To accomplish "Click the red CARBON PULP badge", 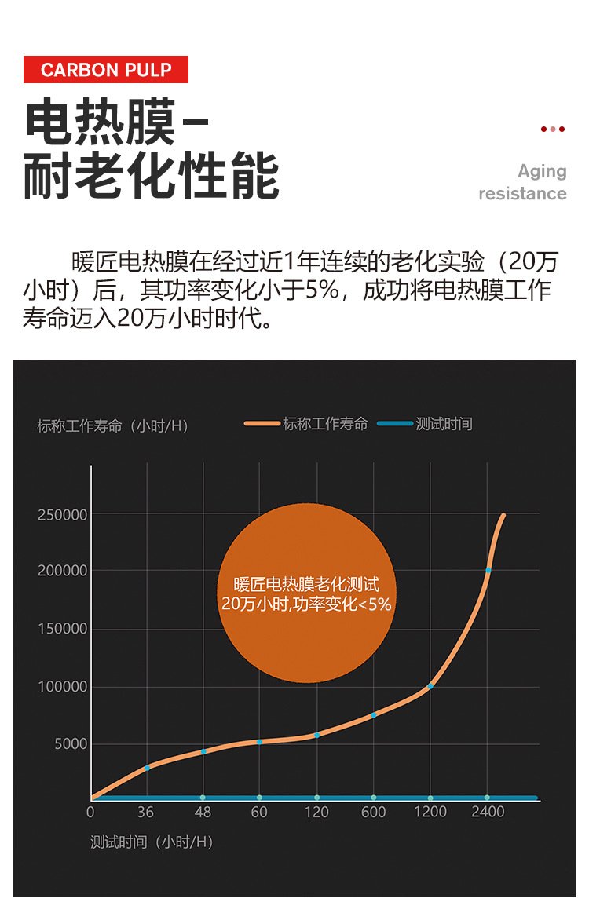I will (105, 70).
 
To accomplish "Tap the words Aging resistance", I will (523, 182).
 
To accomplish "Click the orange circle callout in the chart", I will (306, 593).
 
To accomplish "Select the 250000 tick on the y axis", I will (63, 515).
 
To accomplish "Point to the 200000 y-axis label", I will (63, 571).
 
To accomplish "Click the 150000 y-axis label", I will (63, 629).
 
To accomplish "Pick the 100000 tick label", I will (63, 687).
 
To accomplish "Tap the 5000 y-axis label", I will (71, 744).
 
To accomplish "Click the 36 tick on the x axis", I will (145, 812).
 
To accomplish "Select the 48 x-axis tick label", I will (203, 812).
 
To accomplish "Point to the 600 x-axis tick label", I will (373, 812).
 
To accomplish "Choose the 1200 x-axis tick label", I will (430, 812).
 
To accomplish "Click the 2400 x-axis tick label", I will (488, 812).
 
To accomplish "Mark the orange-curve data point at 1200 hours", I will (430, 686).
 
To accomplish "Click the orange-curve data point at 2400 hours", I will (488, 571).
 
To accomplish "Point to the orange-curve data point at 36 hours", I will (147, 768).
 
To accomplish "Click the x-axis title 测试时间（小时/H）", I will (152, 842).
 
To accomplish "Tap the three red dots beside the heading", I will (553, 129).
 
